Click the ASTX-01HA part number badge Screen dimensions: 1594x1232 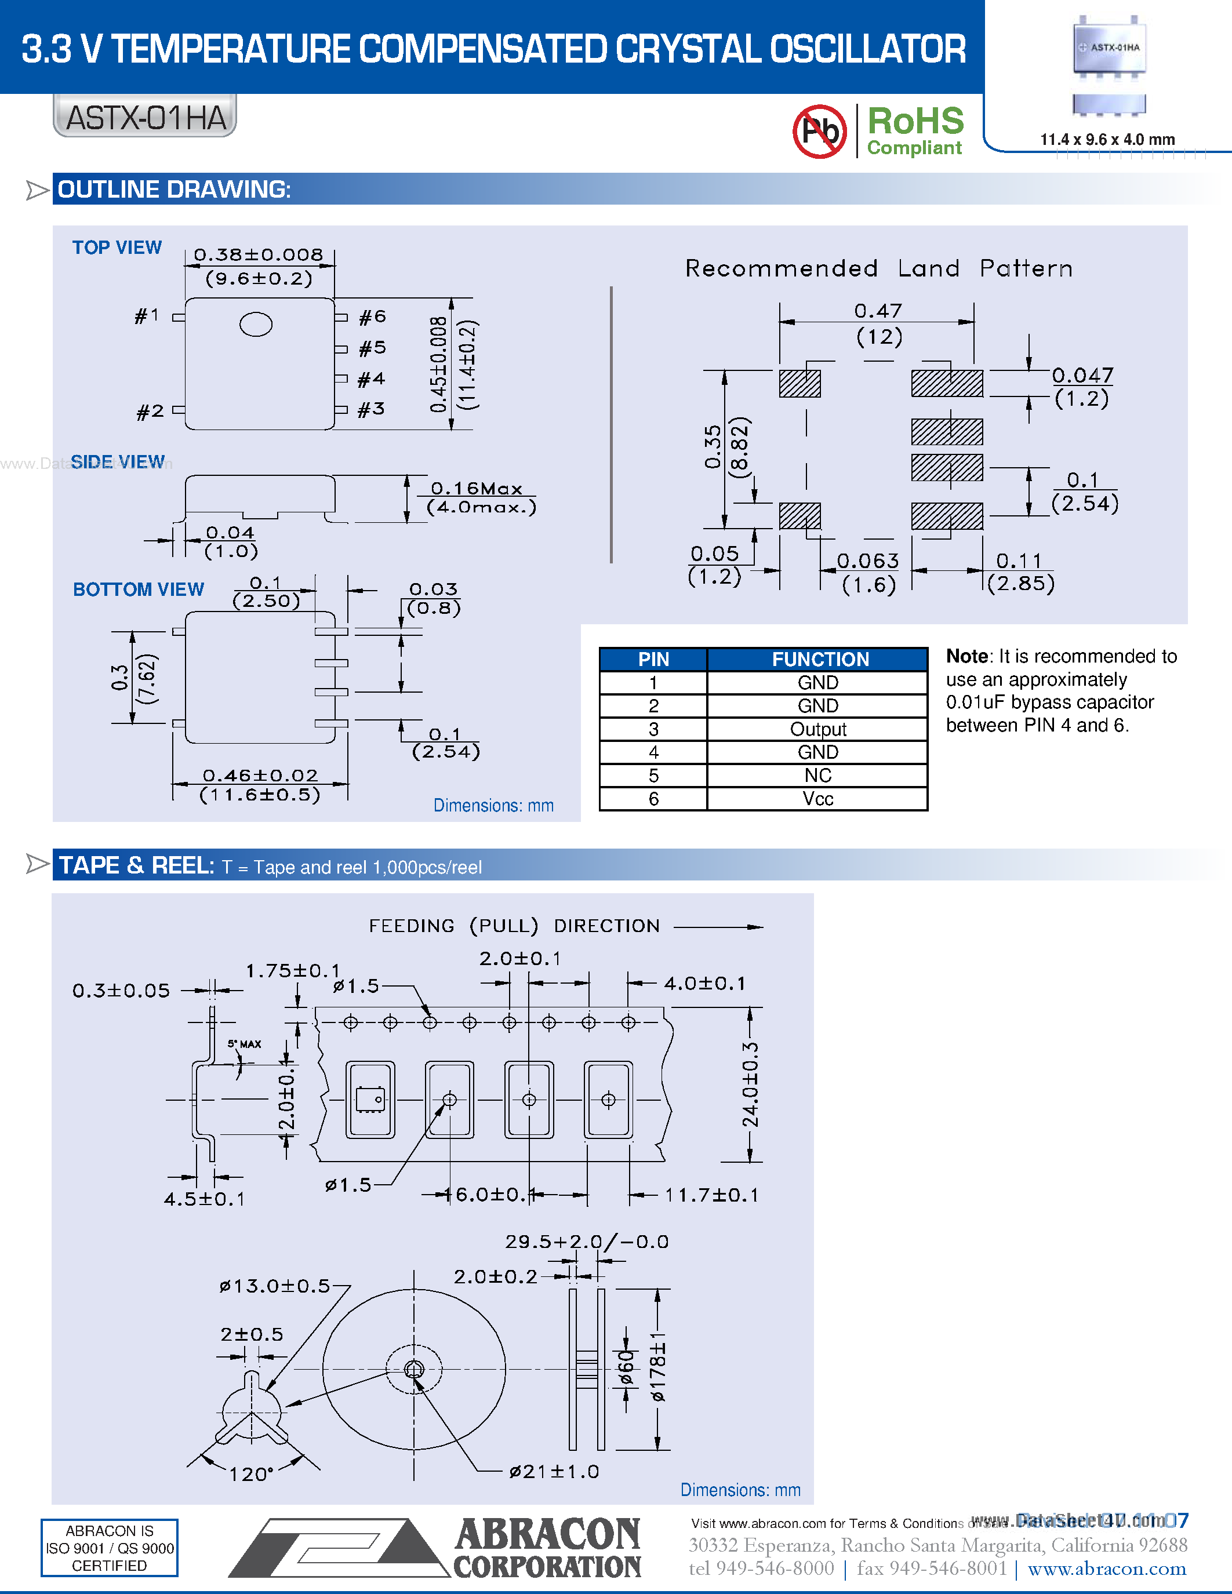(146, 117)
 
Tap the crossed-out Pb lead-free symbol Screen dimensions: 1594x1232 (820, 132)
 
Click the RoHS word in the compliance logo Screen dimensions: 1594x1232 (915, 121)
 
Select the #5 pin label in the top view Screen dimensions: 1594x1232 (372, 348)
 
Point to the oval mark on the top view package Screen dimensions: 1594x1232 (256, 324)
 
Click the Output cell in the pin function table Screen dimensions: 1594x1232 (817, 729)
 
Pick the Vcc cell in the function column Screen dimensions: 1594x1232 (817, 799)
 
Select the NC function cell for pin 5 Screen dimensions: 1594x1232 (817, 775)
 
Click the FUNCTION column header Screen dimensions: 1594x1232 (820, 659)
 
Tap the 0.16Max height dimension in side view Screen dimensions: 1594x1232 (477, 488)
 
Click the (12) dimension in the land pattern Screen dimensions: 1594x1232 (879, 337)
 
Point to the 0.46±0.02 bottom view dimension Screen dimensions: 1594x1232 (260, 775)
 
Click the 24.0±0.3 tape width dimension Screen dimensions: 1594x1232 (751, 1084)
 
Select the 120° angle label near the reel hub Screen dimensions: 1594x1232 (251, 1474)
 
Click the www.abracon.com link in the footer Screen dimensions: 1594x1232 (1106, 1568)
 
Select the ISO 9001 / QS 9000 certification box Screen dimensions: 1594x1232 (110, 1548)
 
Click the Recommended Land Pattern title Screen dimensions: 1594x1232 (879, 268)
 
